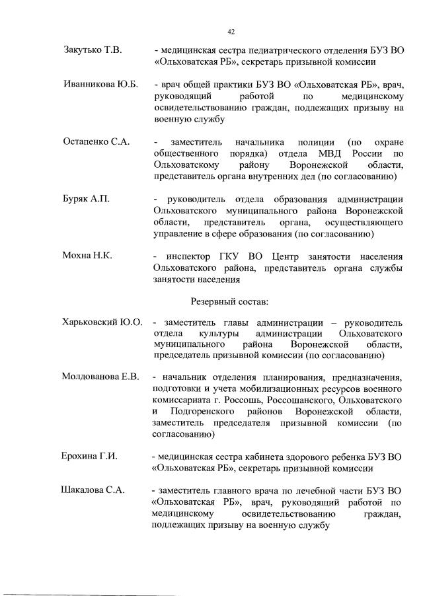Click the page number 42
[x=231, y=31]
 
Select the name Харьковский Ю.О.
[x=102, y=322]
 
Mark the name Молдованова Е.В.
[x=100, y=377]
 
